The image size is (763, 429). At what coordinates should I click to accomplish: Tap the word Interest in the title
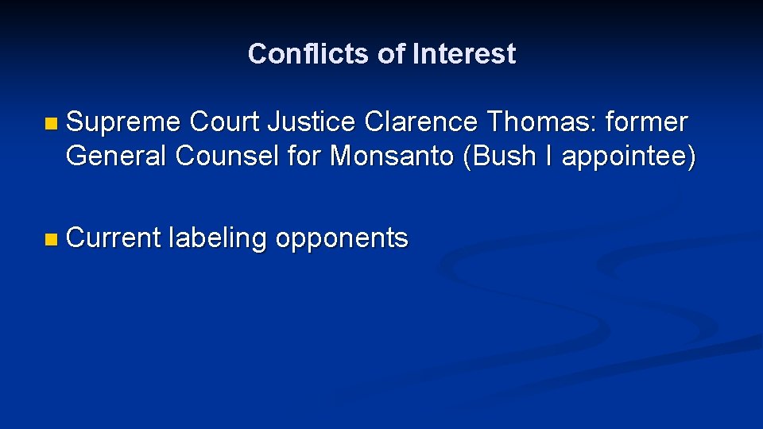pos(464,54)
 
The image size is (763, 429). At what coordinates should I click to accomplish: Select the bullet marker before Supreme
pos(52,124)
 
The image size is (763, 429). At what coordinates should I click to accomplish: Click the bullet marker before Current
pos(52,238)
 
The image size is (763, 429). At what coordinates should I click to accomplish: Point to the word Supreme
pos(124,123)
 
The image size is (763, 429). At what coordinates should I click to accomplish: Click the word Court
pos(225,123)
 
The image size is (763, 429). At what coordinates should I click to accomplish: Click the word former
pos(646,123)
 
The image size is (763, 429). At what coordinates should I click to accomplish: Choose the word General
pos(117,157)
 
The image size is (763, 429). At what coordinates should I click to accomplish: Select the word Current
pos(114,238)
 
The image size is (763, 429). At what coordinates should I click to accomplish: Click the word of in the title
pos(391,54)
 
